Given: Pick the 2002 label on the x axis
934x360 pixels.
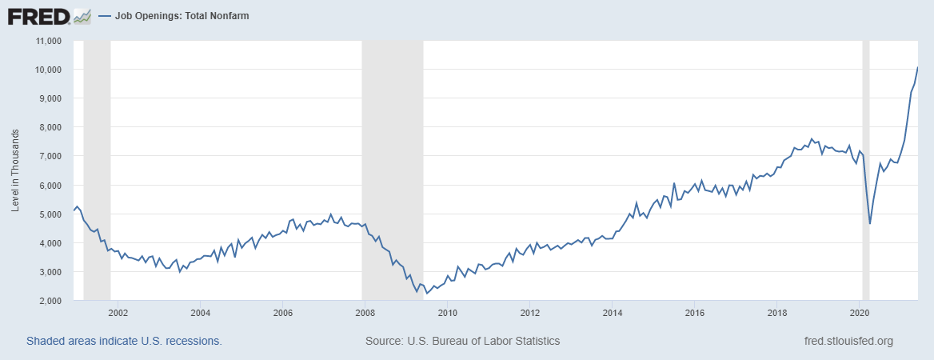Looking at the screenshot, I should pos(118,313).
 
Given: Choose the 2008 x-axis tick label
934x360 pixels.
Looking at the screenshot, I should pos(364,313).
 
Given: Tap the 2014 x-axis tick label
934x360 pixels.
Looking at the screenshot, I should pos(612,313).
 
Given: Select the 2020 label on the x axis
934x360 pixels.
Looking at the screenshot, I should pos(859,313).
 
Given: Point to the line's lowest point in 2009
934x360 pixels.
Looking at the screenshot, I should pos(426,294).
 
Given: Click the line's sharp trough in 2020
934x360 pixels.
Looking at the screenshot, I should pos(869,224).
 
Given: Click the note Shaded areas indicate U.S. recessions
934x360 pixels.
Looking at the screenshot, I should pos(124,341).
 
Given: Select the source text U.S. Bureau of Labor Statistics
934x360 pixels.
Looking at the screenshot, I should pos(462,341).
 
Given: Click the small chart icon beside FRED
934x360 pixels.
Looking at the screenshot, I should pos(82,15).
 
